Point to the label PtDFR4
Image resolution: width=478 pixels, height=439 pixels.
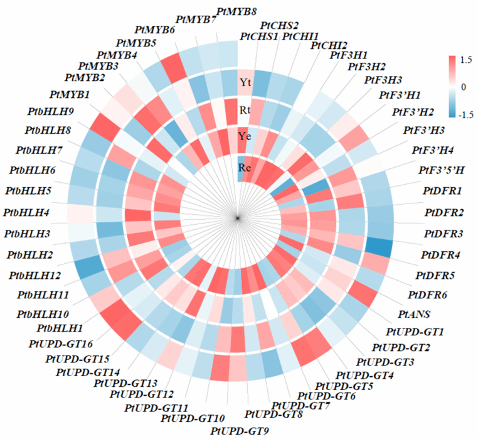pyautogui.click(x=442, y=255)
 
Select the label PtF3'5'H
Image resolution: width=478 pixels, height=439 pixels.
pyautogui.click(x=442, y=170)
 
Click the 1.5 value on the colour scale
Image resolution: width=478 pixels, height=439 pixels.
pyautogui.click(x=466, y=60)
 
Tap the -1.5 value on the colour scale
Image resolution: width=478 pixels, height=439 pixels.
pyautogui.click(x=465, y=115)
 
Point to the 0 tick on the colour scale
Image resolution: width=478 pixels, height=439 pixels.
pyautogui.click(x=464, y=87)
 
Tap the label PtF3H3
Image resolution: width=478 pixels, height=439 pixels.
pyautogui.click(x=383, y=80)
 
